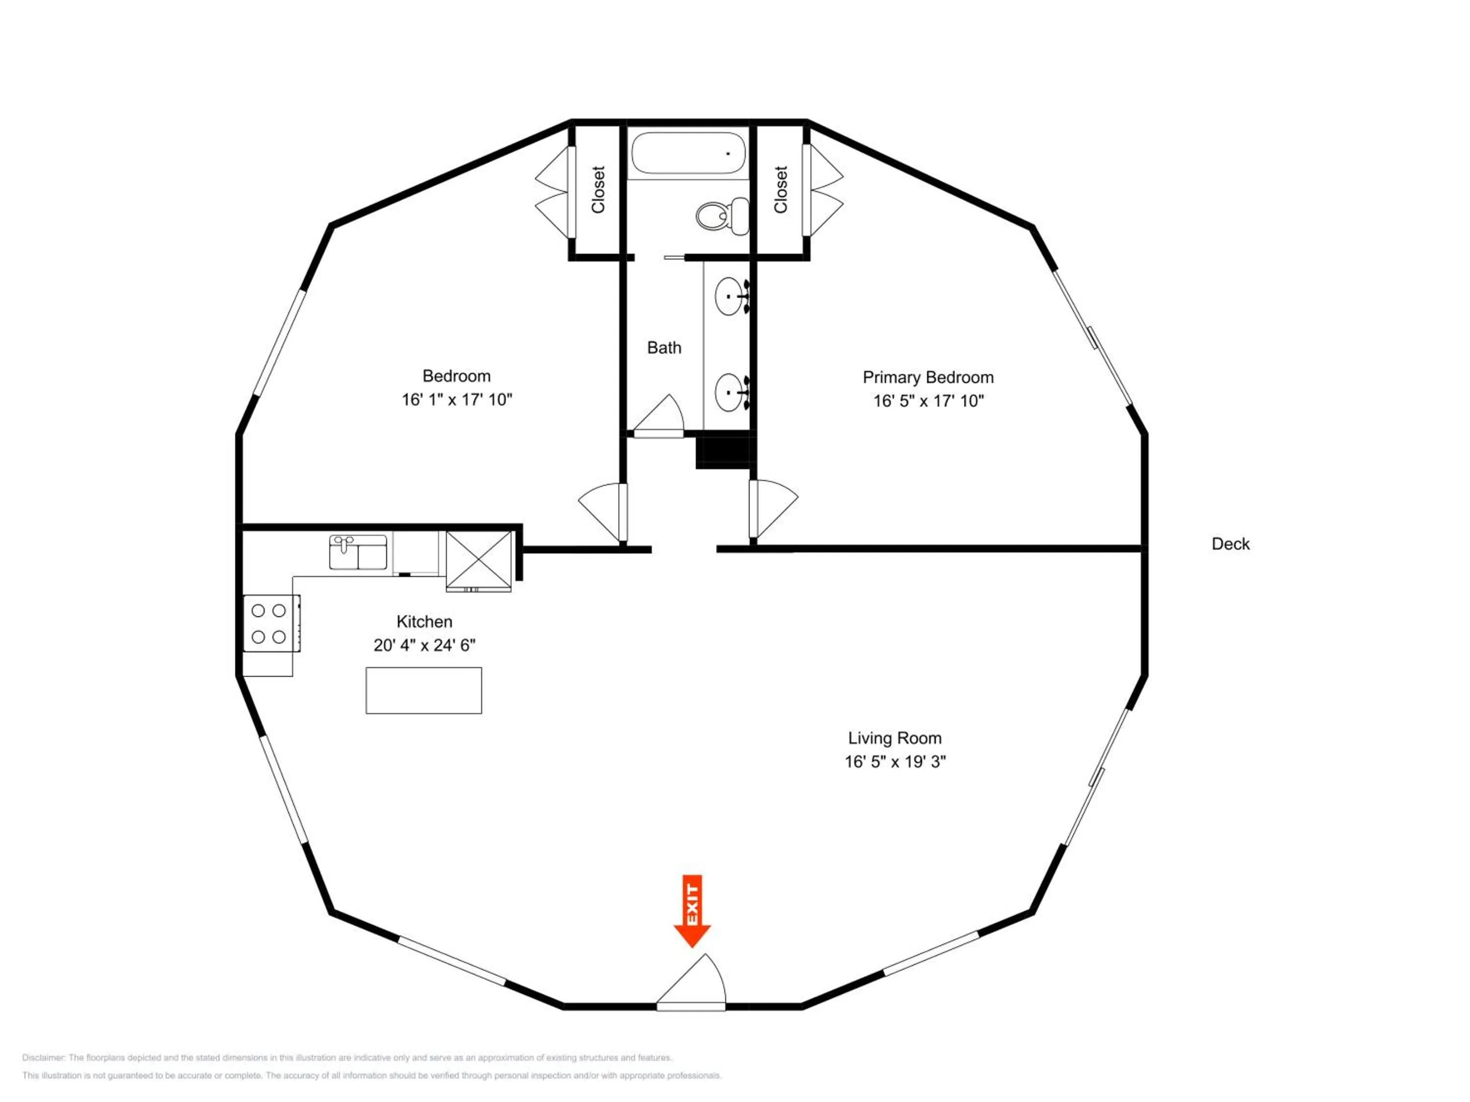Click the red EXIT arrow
tap(692, 910)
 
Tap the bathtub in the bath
tap(688, 153)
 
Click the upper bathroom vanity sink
tap(733, 296)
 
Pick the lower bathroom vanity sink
tap(733, 392)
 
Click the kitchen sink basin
tap(358, 552)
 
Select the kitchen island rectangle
tap(424, 691)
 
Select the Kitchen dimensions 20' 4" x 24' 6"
tap(425, 645)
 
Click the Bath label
tap(664, 347)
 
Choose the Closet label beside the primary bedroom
tap(781, 190)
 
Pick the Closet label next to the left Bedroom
tap(598, 190)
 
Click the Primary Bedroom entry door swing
tap(774, 509)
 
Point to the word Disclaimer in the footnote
tap(43, 1057)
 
